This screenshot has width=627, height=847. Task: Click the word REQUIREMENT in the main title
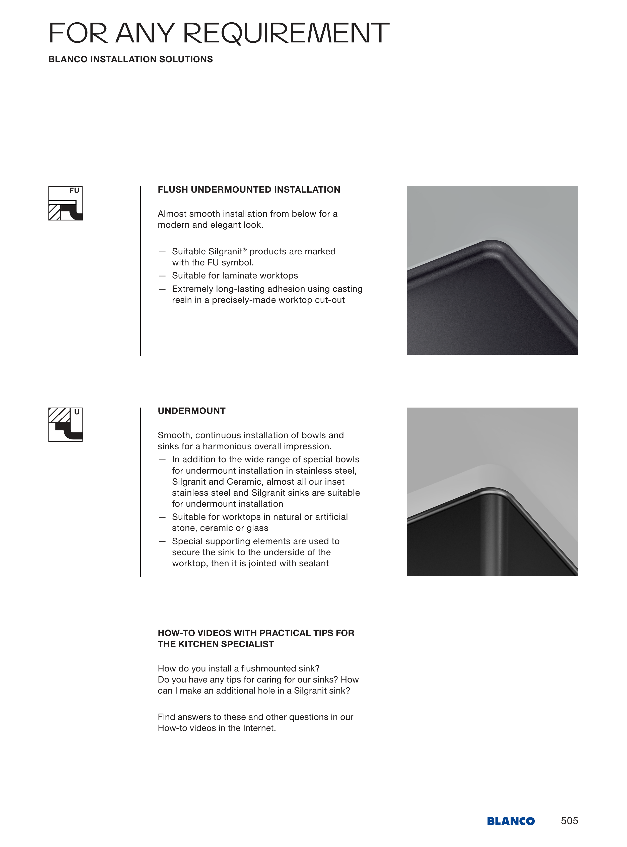click(x=286, y=33)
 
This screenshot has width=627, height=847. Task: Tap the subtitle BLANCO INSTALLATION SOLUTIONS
click(x=130, y=59)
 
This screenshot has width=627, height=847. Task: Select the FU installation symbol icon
click(x=65, y=203)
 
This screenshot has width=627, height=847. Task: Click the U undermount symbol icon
click(x=65, y=425)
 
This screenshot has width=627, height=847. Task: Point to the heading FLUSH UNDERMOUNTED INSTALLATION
click(x=249, y=190)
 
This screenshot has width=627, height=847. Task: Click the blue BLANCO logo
click(x=511, y=821)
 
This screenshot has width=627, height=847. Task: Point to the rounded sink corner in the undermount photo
click(x=492, y=492)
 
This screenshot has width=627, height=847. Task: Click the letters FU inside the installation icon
click(x=74, y=190)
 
